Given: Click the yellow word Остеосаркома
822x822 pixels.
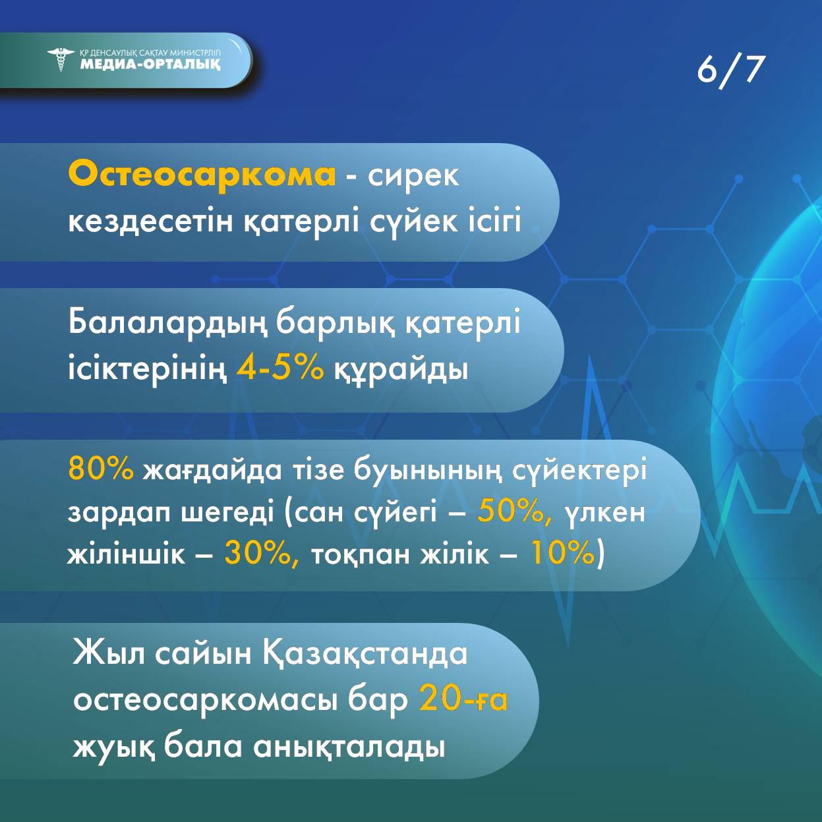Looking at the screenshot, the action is pos(202,175).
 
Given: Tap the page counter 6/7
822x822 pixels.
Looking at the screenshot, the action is pos(729,71).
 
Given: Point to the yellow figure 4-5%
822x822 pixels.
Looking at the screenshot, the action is pos(280,367).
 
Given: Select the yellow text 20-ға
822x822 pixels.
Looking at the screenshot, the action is pos(463,701).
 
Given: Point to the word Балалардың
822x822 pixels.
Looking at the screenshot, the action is pos(167,324).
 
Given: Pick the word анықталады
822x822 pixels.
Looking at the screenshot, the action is pos(350,746).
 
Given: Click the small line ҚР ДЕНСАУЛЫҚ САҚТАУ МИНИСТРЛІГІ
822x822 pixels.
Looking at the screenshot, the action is pos(150,53).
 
